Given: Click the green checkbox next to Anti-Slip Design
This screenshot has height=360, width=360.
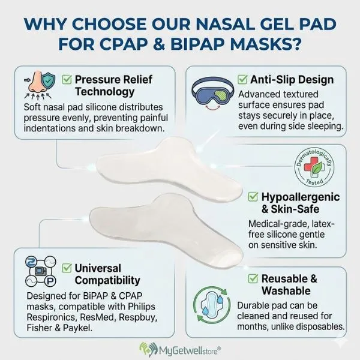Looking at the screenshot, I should (243, 79).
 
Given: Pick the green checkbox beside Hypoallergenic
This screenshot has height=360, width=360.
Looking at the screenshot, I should (253, 197).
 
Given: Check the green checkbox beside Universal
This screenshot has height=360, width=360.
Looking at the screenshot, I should (66, 268).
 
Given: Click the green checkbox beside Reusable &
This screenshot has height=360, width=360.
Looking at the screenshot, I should (252, 278).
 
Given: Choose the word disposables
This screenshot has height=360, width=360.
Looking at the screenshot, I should (319, 326).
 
